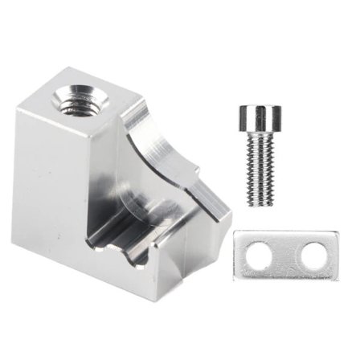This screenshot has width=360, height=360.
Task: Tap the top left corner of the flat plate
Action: pos(235,234)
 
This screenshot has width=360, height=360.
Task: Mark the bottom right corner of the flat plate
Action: pos(337,278)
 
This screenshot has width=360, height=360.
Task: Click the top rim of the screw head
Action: pos(255,107)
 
